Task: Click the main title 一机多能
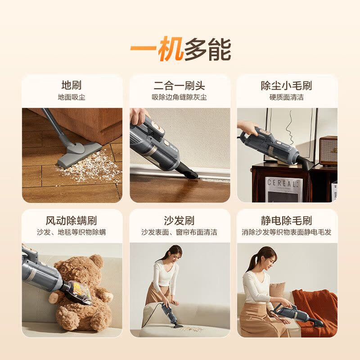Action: (180, 49)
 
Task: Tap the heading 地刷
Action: (72, 85)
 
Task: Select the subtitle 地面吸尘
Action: (72, 97)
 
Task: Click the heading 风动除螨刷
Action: (72, 221)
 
